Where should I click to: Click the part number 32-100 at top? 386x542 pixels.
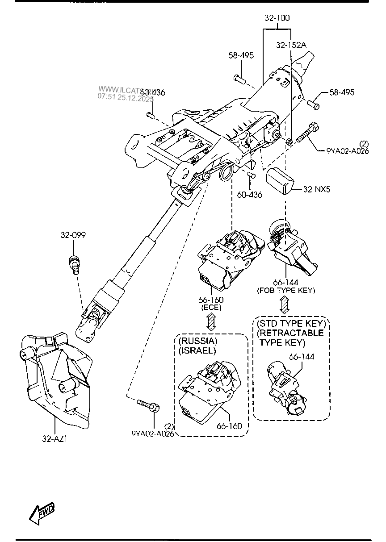(x=277, y=18)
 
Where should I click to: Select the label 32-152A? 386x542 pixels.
(x=291, y=45)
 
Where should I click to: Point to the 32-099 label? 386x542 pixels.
(x=73, y=235)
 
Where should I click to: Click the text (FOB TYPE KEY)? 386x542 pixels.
(x=286, y=291)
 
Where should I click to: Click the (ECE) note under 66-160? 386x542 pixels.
(x=212, y=307)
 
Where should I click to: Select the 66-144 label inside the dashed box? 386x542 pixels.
(x=301, y=357)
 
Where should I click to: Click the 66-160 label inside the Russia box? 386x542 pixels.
(x=230, y=426)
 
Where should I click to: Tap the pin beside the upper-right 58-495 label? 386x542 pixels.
(x=314, y=104)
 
